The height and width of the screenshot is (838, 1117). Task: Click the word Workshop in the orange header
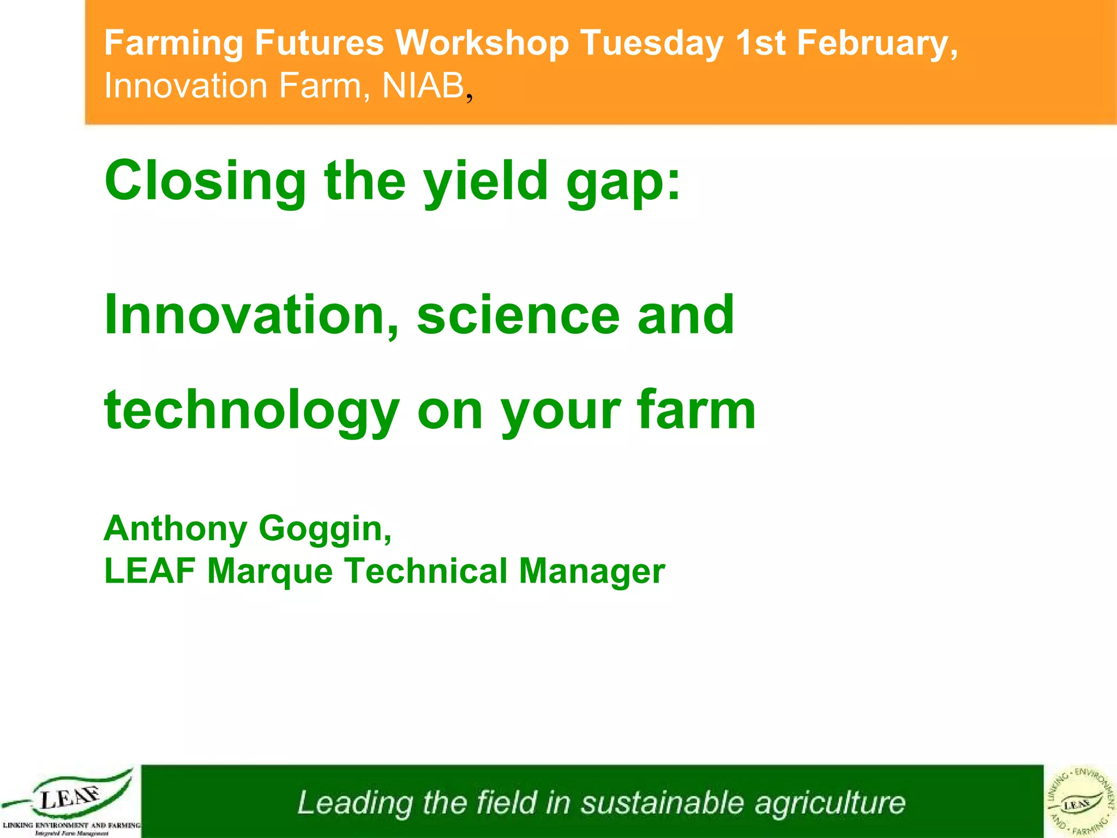482,43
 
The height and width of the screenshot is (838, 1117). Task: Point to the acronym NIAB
423,86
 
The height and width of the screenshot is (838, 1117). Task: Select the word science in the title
518,315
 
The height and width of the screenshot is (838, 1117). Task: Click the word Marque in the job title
270,571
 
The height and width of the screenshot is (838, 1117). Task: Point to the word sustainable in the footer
662,803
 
